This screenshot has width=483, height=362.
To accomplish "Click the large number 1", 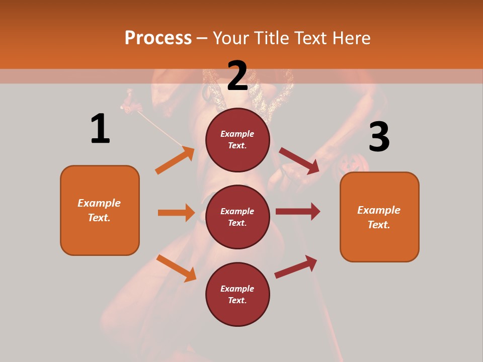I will click(x=100, y=129).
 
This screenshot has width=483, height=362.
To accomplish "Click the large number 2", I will click(x=237, y=76).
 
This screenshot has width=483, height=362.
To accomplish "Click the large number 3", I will click(x=379, y=137).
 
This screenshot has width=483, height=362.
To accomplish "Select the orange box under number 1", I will click(x=100, y=210).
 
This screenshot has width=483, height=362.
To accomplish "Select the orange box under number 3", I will click(x=379, y=217).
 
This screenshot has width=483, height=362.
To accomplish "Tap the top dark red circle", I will click(x=237, y=139).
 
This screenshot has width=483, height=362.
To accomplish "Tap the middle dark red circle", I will click(x=237, y=217).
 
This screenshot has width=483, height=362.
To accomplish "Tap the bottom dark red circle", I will click(x=237, y=294).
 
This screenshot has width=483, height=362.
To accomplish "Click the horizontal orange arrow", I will click(x=176, y=213).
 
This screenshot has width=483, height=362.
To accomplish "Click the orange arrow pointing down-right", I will click(x=176, y=268).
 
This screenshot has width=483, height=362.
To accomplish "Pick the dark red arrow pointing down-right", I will click(x=299, y=161).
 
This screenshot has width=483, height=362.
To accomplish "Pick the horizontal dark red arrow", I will click(x=297, y=212).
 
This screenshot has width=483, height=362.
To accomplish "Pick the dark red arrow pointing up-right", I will click(x=296, y=267).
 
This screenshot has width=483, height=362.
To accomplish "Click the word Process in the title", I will click(x=158, y=38).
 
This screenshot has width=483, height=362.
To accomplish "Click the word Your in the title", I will click(x=232, y=38).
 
